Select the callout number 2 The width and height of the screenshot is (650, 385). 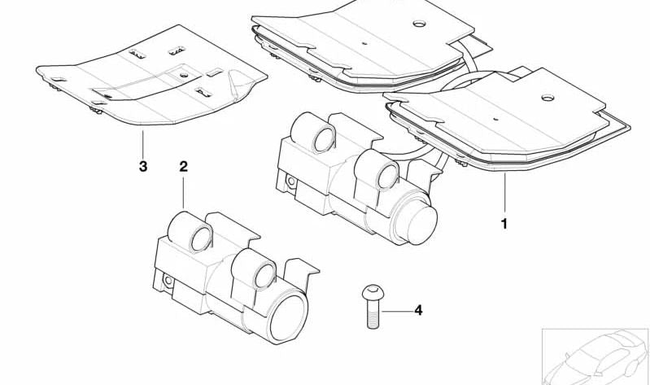(x=183, y=166)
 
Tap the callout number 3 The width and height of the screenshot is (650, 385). (x=142, y=167)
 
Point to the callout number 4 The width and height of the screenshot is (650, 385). (x=418, y=310)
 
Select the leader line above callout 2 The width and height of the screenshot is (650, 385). (x=184, y=192)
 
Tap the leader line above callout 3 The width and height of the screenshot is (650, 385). (x=142, y=145)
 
